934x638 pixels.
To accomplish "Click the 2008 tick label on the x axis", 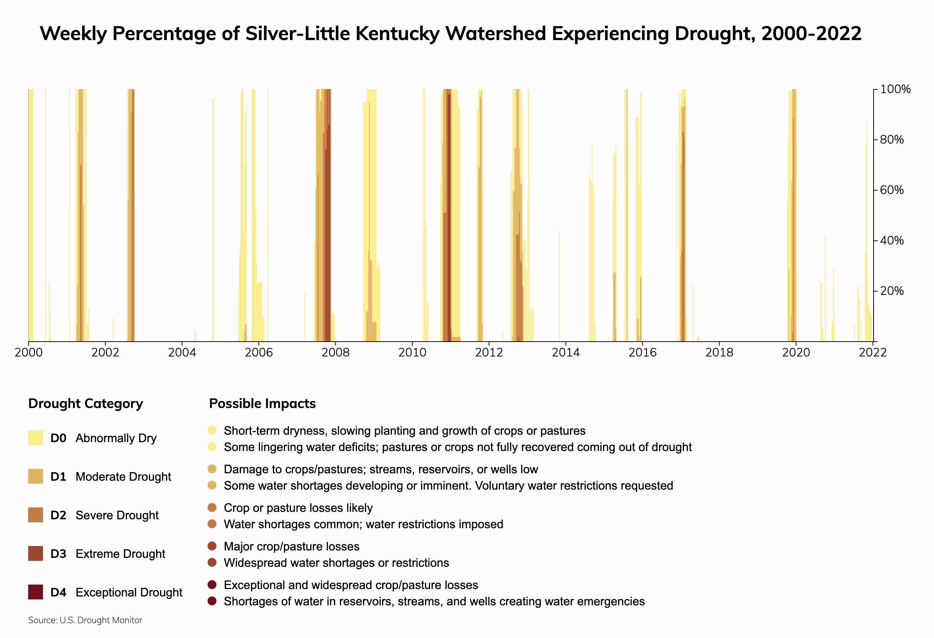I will pyautogui.click(x=335, y=353).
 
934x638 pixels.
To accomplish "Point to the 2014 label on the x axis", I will pyautogui.click(x=566, y=353).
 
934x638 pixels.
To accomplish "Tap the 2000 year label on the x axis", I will pyautogui.click(x=29, y=353).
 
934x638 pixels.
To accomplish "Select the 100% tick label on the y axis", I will pyautogui.click(x=895, y=89).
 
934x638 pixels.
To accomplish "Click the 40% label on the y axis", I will pyautogui.click(x=892, y=241).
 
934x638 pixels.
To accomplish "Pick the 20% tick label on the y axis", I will pyautogui.click(x=892, y=291).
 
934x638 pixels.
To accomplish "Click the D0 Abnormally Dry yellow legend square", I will pyautogui.click(x=35, y=438).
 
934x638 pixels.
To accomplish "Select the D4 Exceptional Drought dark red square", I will pyautogui.click(x=35, y=592).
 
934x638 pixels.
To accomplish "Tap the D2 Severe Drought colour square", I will pyautogui.click(x=35, y=515).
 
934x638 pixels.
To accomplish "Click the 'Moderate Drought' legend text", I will pyautogui.click(x=123, y=477).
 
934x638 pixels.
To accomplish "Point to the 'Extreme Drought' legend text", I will pyautogui.click(x=120, y=554).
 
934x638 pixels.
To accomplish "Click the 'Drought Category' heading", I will pyautogui.click(x=86, y=404).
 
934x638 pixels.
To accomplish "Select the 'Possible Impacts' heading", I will pyautogui.click(x=262, y=404).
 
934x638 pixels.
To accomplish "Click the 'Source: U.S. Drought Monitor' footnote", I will pyautogui.click(x=85, y=620).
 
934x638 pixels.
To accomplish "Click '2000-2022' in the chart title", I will pyautogui.click(x=811, y=33).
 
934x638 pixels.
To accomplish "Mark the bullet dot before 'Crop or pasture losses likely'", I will pyautogui.click(x=212, y=508).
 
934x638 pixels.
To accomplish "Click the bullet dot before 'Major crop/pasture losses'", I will pyautogui.click(x=212, y=546).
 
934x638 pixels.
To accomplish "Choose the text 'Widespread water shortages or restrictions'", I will pyautogui.click(x=337, y=563).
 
